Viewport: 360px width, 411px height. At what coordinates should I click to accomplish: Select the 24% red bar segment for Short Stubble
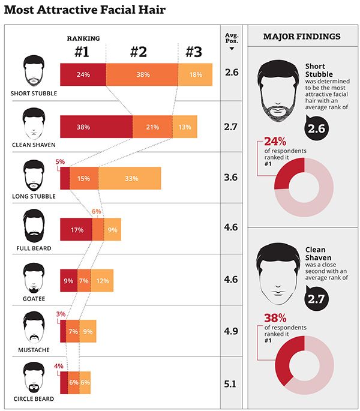pyautogui.click(x=83, y=75)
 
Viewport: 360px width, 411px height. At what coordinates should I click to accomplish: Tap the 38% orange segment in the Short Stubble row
pyautogui.click(x=142, y=75)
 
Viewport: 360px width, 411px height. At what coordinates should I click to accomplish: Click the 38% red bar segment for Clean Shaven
pyautogui.click(x=96, y=127)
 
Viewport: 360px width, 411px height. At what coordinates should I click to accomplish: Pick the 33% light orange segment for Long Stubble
pyautogui.click(x=130, y=178)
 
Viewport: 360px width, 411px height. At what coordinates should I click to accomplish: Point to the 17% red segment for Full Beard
pyautogui.click(x=76, y=229)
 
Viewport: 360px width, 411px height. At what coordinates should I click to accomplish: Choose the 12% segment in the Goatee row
pyautogui.click(x=102, y=280)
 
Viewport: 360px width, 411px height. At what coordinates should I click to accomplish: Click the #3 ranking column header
pyautogui.click(x=193, y=52)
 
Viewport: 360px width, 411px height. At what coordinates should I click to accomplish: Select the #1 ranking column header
pyautogui.click(x=82, y=52)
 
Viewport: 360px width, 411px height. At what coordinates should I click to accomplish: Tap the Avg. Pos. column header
pyautogui.click(x=231, y=39)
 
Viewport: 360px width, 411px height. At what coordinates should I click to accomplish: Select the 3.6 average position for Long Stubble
pyautogui.click(x=231, y=178)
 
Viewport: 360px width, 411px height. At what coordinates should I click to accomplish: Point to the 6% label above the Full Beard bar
pyautogui.click(x=97, y=211)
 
